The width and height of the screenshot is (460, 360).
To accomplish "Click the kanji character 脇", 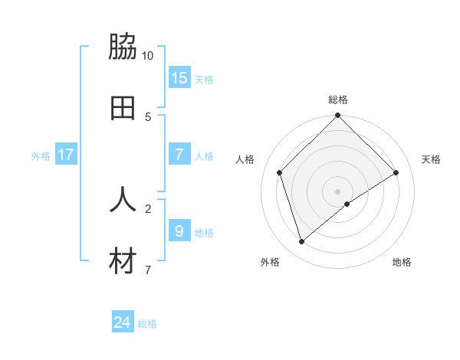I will (x=123, y=47).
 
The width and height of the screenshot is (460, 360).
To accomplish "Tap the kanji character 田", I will (x=123, y=108).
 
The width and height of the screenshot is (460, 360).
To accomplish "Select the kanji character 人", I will (x=123, y=199).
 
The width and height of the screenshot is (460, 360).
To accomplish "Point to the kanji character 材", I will (x=123, y=261).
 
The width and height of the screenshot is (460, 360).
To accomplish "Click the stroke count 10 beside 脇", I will (x=148, y=56).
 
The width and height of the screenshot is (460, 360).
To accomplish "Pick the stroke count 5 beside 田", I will (x=148, y=117).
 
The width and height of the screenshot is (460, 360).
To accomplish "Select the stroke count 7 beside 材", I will (x=148, y=270).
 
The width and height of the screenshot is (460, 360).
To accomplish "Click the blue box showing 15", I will (x=179, y=77).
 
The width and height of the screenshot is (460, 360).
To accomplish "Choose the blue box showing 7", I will (x=179, y=154).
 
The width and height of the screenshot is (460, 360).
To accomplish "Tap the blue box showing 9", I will (x=179, y=231).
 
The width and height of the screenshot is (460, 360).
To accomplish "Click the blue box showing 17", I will (x=66, y=154).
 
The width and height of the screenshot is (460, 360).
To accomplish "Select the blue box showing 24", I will (x=123, y=322).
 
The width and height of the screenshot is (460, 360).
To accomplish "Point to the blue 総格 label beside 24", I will (x=147, y=324).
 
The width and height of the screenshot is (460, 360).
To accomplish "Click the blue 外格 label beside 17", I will (x=41, y=156).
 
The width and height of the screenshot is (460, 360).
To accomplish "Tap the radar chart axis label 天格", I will (x=431, y=159).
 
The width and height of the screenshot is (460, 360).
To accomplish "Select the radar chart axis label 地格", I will (x=402, y=263).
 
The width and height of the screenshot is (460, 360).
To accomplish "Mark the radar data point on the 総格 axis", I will (x=337, y=116).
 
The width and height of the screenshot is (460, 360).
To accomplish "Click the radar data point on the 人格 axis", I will (x=280, y=172).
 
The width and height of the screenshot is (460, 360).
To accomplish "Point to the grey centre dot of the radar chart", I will (x=337, y=191).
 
